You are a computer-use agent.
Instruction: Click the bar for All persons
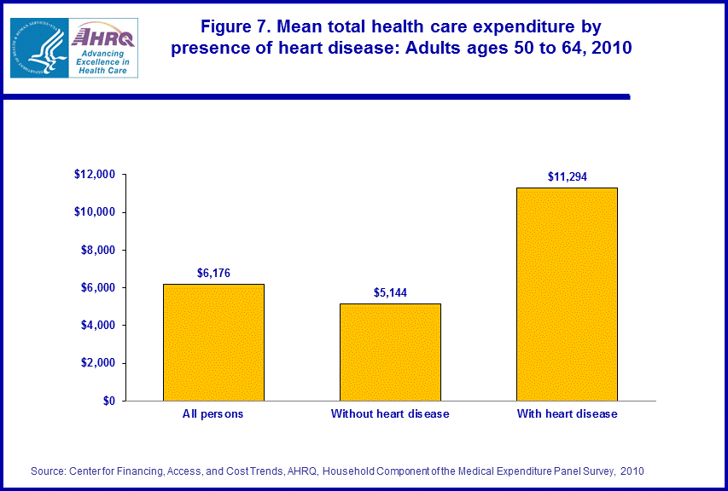coord(213,342)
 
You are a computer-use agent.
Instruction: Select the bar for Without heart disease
coord(390,352)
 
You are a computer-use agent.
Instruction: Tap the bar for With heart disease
coord(567,294)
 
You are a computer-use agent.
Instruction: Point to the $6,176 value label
coord(213,273)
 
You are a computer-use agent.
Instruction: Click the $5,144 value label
coord(390,292)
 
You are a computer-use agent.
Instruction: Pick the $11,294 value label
coord(568,176)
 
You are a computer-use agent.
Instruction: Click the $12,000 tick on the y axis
coord(95,175)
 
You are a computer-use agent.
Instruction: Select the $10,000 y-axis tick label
coord(95,212)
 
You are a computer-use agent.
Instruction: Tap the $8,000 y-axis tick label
coord(97,250)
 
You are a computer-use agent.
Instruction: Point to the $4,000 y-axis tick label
coord(97,325)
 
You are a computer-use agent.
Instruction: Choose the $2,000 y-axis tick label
coord(97,363)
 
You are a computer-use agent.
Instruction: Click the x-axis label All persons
coord(213,414)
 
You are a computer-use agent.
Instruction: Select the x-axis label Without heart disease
coord(390,414)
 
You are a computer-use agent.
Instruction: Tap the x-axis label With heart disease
coord(567,414)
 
